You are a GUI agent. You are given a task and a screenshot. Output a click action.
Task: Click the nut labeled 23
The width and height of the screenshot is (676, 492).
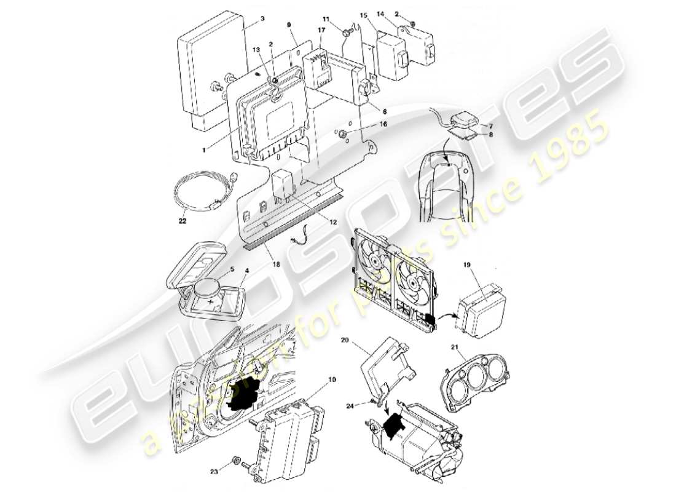pyautogui.click(x=236, y=459)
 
